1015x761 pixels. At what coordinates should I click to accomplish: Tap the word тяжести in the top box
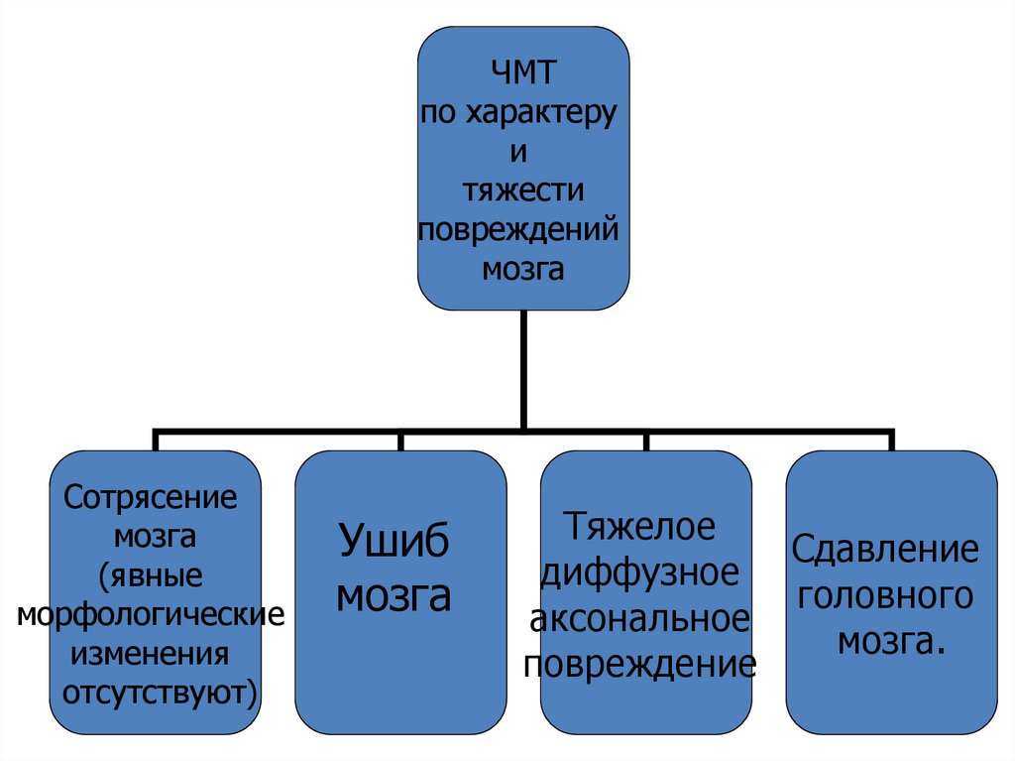[522, 190]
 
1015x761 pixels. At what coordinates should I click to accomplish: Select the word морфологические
[151, 614]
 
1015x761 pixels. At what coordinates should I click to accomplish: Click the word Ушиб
[395, 542]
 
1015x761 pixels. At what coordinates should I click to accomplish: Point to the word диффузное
[639, 573]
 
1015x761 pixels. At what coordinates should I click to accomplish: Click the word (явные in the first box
[151, 574]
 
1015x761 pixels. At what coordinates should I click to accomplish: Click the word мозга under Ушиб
[395, 596]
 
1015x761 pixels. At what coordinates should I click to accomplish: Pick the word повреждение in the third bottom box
[640, 663]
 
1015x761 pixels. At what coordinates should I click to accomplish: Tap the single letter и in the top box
[522, 152]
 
